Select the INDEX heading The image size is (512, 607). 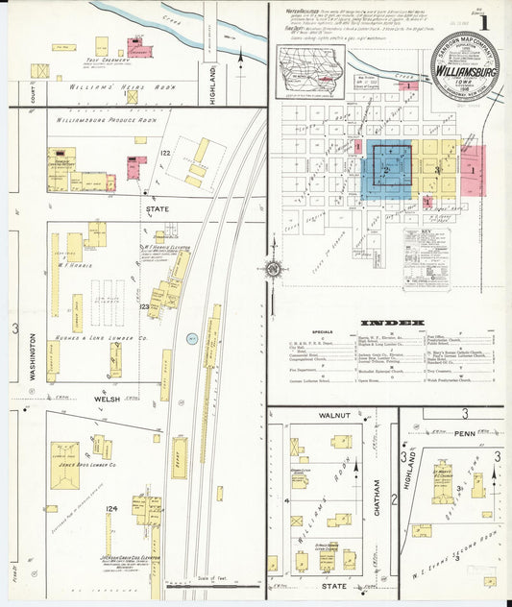(x=391, y=322)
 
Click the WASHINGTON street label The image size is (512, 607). (x=32, y=357)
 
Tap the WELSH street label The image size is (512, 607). (x=107, y=397)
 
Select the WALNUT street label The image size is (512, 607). (x=331, y=415)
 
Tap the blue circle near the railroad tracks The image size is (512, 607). (x=191, y=338)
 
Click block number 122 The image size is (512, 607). (x=165, y=154)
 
